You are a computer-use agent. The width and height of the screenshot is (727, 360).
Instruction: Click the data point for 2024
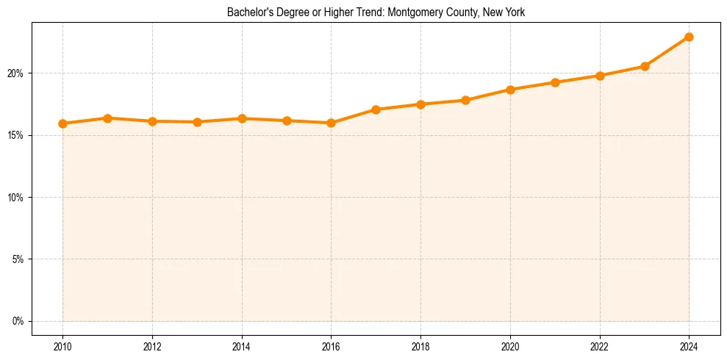[689, 37]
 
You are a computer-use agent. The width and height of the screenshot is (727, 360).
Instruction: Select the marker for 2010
[62, 123]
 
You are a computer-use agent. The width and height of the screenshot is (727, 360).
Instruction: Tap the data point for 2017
[376, 109]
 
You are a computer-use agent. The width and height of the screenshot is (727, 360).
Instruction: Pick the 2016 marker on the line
[331, 123]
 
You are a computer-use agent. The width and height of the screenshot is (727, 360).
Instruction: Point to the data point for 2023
[645, 66]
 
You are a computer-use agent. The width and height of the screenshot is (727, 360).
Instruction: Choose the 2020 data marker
[510, 90]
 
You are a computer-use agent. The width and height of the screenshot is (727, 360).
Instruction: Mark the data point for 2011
[107, 118]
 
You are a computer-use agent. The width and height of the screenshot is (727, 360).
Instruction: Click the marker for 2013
[197, 122]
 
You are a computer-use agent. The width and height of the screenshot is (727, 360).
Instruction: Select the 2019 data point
[465, 100]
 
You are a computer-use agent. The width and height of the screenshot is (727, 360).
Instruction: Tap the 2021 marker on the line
[555, 82]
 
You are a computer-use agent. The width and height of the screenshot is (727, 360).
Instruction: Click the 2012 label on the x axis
[152, 346]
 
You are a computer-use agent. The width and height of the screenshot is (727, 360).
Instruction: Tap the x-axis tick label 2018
[420, 346]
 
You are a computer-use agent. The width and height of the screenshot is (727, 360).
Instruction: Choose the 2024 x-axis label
[689, 346]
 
